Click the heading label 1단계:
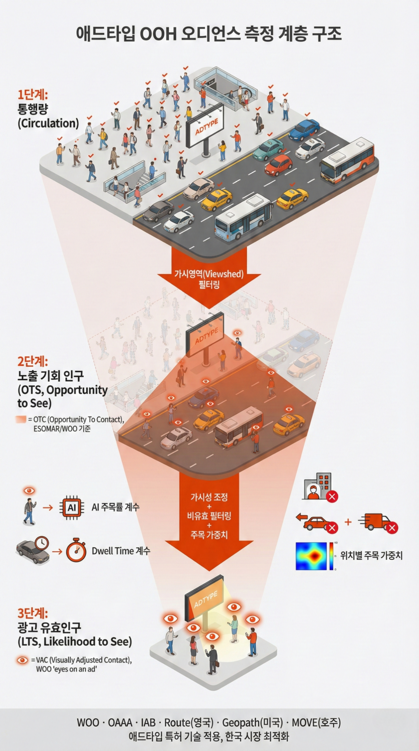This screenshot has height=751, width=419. click(33, 95)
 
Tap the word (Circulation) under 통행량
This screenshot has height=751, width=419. click(48, 123)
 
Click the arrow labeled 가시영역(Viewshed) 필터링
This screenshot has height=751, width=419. click(209, 278)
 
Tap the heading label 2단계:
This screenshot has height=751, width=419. click(33, 361)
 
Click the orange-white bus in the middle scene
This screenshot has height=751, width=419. click(239, 426)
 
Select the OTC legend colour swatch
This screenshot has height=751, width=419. click(21, 420)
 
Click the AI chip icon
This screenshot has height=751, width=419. click(72, 508)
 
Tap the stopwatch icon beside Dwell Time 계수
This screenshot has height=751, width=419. click(76, 551)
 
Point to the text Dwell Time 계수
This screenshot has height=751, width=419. click(121, 551)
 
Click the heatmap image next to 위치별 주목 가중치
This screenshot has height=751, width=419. click(311, 556)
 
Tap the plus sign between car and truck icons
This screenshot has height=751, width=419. click(348, 522)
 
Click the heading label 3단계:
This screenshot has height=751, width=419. click(33, 613)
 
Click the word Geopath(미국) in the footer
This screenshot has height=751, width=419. click(252, 723)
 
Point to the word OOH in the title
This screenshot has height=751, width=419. click(158, 34)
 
